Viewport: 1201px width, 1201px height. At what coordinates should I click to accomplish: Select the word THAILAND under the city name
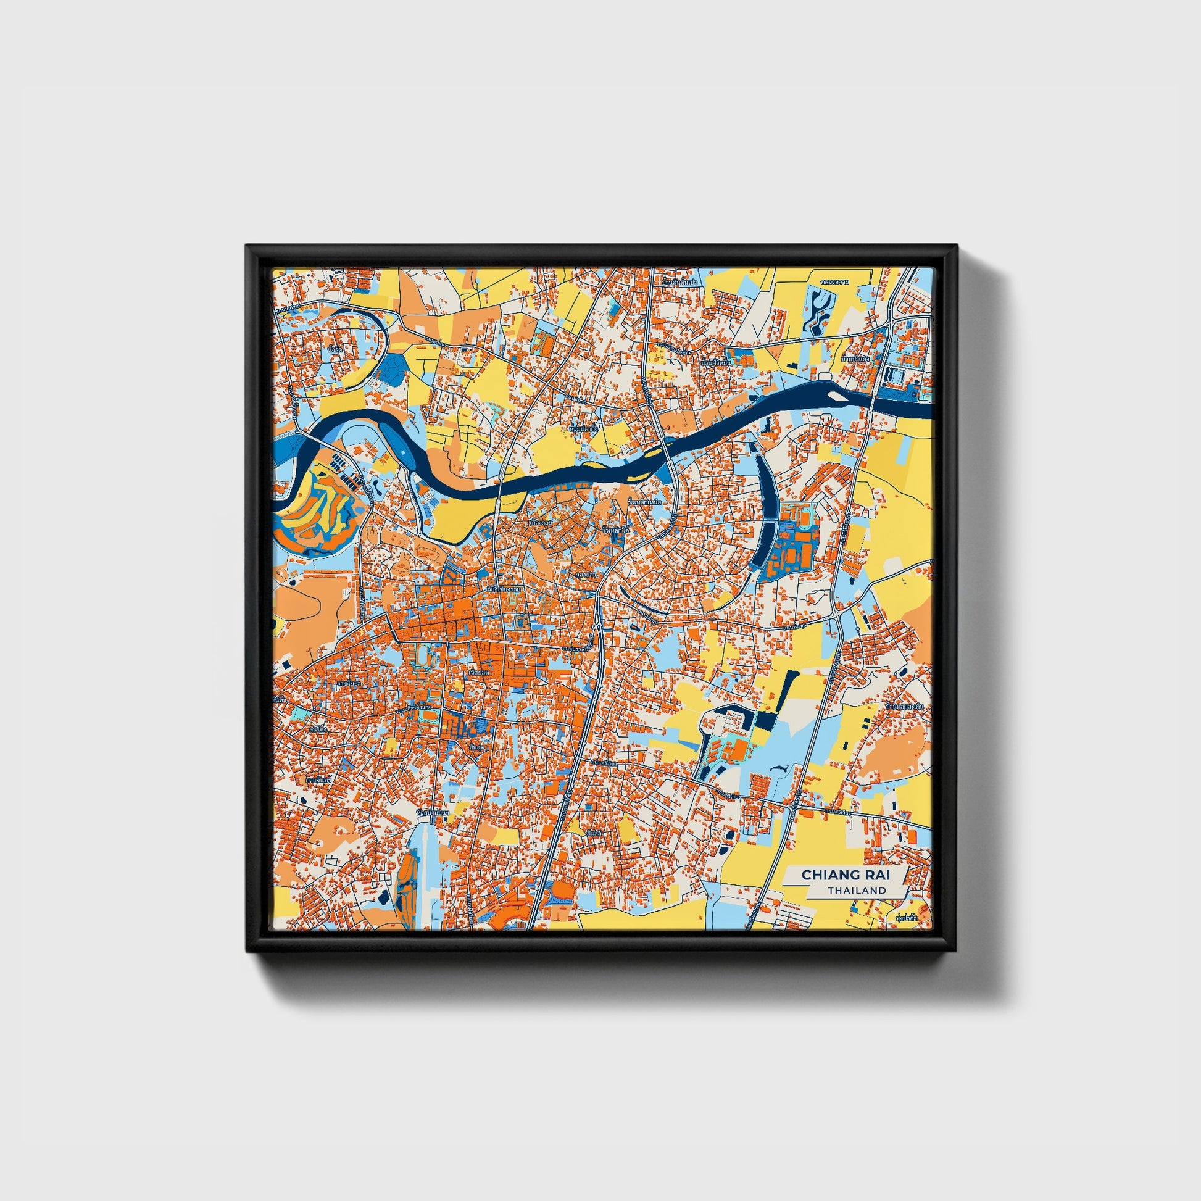pyautogui.click(x=857, y=890)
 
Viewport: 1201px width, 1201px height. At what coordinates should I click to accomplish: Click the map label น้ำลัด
pyautogui.click(x=336, y=349)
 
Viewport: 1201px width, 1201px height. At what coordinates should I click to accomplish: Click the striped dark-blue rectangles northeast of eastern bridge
pyautogui.click(x=894, y=375)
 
